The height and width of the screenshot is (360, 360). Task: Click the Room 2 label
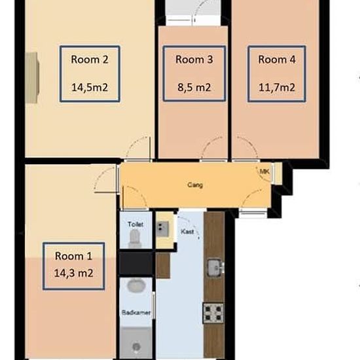coord(89,60)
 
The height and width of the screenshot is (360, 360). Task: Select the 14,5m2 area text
coord(90,88)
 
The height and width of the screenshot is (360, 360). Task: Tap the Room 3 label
coord(194,60)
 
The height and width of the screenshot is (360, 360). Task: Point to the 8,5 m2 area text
coord(194,88)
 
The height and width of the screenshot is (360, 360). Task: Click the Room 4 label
coord(277,60)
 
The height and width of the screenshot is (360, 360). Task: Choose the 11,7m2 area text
coord(277,88)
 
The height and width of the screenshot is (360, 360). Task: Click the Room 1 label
coord(73,256)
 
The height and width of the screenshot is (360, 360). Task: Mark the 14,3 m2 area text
coord(73,273)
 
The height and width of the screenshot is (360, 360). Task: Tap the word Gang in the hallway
coord(195,185)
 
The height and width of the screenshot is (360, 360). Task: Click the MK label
coord(264,171)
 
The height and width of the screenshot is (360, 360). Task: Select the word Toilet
coord(135,224)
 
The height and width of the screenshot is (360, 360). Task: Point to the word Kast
coord(187,232)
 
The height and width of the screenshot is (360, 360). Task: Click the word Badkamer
coord(136,312)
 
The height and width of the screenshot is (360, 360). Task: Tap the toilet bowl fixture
coord(135,239)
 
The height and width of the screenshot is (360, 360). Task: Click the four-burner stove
coord(213,313)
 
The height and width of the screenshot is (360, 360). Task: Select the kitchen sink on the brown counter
coord(215,267)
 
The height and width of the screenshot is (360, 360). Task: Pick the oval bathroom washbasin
coord(136,286)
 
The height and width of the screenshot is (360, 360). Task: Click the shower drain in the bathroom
coord(137,346)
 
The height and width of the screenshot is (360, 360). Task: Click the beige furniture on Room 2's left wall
coord(32,78)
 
